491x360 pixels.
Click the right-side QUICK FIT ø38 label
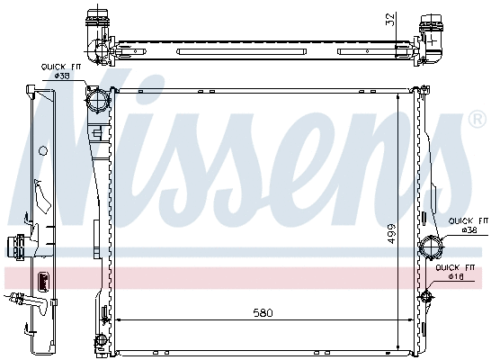pyautogui.click(x=469, y=225)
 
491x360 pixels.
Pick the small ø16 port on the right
pyautogui.click(x=426, y=295)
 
